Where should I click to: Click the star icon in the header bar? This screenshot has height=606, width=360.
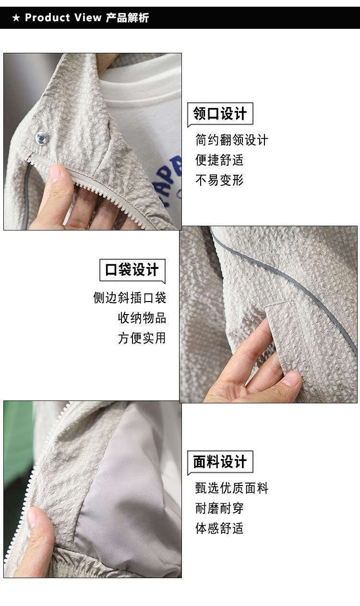click(x=16, y=18)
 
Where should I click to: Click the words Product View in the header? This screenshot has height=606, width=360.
click(x=63, y=18)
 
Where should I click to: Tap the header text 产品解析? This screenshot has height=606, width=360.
click(x=127, y=18)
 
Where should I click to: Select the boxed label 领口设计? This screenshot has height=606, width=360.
click(x=220, y=114)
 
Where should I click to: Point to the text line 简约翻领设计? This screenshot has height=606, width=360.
click(x=232, y=140)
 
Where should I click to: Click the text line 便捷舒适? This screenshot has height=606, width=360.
click(x=219, y=160)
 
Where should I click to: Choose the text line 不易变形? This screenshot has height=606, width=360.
click(x=219, y=180)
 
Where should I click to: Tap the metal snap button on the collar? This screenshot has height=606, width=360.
click(x=42, y=138)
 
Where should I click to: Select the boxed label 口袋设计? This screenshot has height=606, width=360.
click(x=132, y=270)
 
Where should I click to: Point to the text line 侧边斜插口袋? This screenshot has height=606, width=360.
click(x=130, y=298)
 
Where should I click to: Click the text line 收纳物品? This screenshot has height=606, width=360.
click(x=142, y=317)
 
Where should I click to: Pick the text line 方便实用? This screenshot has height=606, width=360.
click(x=142, y=338)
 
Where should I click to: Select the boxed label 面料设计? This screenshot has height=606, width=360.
click(x=220, y=462)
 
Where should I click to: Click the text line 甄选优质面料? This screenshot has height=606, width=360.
click(x=232, y=488)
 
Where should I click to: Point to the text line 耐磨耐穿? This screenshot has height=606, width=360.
click(x=219, y=509)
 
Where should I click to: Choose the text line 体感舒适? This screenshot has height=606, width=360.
click(x=219, y=528)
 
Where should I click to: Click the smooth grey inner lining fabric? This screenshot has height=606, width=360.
click(x=130, y=495)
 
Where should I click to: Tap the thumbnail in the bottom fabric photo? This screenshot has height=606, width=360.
click(x=35, y=517)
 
